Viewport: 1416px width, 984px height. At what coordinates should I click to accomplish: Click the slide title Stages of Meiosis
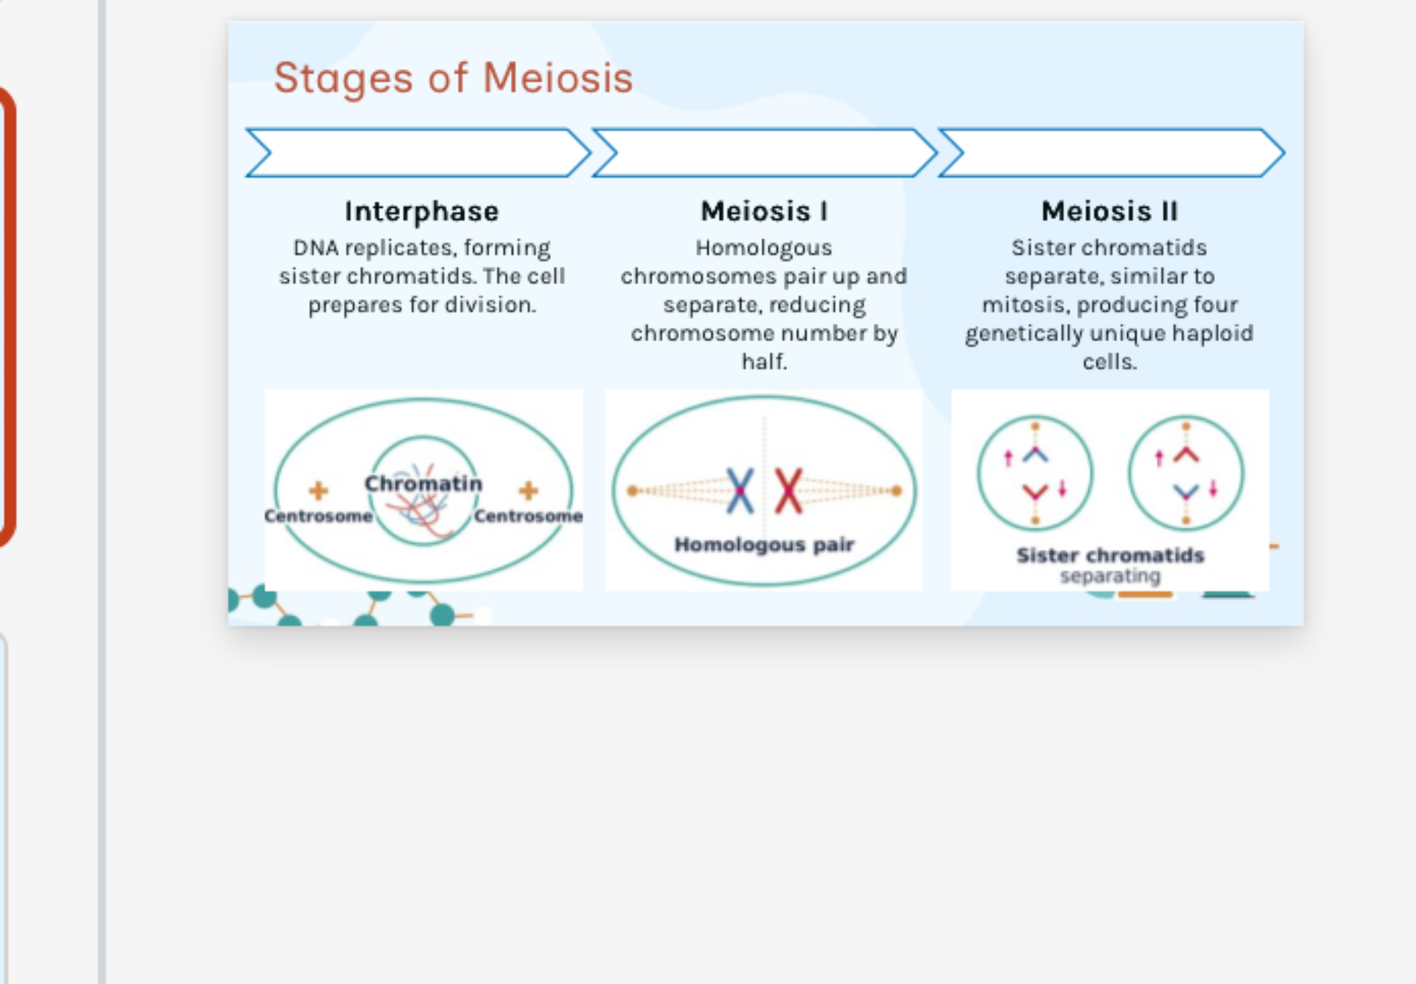point(453,79)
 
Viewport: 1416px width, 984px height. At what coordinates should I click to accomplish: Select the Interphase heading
point(422,211)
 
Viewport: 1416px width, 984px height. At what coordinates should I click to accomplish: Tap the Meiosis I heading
point(764,211)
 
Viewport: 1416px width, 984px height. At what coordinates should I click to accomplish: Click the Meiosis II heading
point(1109,211)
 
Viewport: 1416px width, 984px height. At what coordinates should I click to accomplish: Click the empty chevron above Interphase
point(418,153)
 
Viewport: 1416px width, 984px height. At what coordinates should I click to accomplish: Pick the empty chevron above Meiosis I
point(764,153)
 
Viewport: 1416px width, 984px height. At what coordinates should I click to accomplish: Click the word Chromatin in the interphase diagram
point(423,484)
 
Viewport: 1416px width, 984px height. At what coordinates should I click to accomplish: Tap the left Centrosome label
point(318,516)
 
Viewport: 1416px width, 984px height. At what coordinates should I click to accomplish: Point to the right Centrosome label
point(529,516)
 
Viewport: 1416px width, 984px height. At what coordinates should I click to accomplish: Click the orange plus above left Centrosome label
point(318,491)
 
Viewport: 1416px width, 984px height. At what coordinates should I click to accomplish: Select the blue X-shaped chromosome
point(740,491)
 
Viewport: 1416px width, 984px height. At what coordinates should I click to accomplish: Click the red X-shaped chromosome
point(788,491)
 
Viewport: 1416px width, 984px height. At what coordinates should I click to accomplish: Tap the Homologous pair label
point(764,544)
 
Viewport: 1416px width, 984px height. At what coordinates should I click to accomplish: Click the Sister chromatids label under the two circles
point(1109,555)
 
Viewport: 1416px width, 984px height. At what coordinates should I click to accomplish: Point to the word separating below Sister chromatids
point(1109,577)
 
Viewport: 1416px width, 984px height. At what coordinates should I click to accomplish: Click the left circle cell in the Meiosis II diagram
point(1035,473)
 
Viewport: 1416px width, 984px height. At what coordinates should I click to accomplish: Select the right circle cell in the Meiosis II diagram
point(1186,473)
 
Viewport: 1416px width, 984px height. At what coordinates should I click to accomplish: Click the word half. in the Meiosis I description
point(764,361)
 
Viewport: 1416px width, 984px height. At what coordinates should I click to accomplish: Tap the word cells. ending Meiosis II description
point(1109,361)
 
